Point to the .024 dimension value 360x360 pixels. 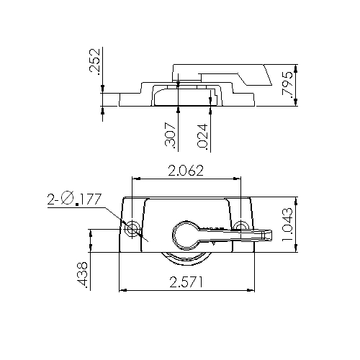pyautogui.click(x=202, y=136)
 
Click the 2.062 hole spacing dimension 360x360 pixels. pyautogui.click(x=185, y=171)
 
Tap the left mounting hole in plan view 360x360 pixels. pyautogui.click(x=133, y=228)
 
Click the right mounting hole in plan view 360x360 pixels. pyautogui.click(x=242, y=227)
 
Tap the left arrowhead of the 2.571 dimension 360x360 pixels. pyautogui.click(x=122, y=291)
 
